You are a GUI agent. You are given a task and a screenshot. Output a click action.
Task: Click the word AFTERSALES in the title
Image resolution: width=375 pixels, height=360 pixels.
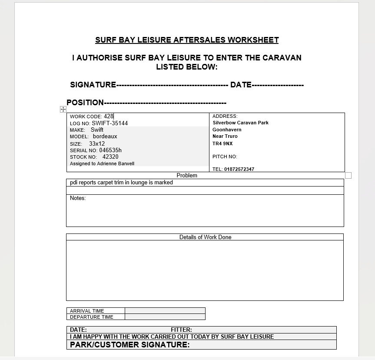point(199,40)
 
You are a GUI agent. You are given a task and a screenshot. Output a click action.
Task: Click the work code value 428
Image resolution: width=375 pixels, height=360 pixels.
point(109,116)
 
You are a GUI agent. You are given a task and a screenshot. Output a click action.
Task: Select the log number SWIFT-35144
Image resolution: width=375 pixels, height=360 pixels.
point(110,123)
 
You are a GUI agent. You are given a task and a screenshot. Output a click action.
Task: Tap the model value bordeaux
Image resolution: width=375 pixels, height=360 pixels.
point(105,136)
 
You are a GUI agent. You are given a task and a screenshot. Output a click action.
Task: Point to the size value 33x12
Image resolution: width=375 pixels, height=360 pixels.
point(97,143)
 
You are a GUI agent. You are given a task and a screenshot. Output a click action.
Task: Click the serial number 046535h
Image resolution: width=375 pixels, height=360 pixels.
point(110,150)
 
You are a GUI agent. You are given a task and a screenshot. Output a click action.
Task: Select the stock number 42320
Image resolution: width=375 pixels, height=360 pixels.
point(110,157)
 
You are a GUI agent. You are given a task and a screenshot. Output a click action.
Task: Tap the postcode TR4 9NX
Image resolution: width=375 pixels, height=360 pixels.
point(222,143)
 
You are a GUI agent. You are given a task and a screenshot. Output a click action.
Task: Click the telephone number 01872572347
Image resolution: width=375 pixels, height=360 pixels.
point(239,169)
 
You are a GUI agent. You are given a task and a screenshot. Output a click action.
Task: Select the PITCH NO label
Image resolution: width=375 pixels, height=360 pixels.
point(225,157)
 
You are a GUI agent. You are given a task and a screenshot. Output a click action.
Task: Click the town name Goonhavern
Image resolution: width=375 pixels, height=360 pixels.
point(227,130)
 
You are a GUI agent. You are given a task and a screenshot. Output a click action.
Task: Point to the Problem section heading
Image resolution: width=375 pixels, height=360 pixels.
point(187,176)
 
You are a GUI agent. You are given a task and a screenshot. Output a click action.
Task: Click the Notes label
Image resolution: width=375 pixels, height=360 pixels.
point(78,198)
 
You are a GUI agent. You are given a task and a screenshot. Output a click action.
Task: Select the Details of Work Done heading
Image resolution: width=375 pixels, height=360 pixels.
point(205,237)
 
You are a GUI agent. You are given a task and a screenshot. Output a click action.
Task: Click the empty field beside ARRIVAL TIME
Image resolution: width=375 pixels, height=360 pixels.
point(165,311)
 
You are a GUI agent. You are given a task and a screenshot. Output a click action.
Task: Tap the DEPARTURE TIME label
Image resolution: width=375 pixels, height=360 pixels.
point(92,317)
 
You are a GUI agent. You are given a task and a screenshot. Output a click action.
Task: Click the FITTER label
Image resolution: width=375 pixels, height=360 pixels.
point(181,330)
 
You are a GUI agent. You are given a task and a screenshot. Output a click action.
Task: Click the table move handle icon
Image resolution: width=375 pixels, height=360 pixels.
point(63,110)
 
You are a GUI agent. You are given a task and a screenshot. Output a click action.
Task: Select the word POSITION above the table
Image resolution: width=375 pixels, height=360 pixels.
point(85,103)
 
